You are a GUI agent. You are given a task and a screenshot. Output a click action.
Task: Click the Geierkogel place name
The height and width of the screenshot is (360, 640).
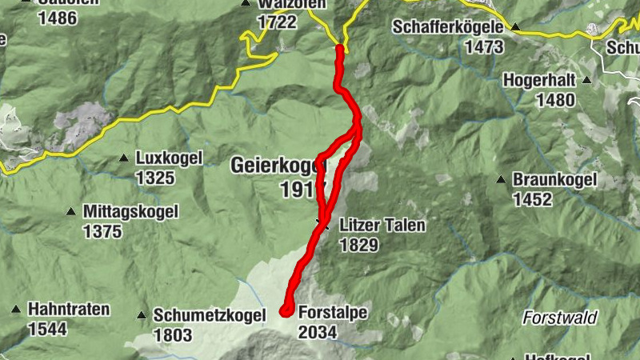tap(278, 166)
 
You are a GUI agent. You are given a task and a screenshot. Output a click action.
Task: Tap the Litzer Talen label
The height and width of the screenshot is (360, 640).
tap(382, 226)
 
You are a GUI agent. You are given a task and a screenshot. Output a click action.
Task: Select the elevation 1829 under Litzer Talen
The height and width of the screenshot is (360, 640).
tap(359, 246)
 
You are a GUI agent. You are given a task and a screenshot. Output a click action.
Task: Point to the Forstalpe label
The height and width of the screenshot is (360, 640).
tap(332, 313)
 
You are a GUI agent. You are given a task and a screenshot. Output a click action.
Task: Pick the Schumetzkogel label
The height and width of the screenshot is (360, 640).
tap(209, 316)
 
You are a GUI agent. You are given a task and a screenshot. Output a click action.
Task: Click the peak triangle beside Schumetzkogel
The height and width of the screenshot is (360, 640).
tap(142, 315)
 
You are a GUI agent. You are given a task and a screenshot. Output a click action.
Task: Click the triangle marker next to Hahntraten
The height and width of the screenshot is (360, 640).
tap(15, 309)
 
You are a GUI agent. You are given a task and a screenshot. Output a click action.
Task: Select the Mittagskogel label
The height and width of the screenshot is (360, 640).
tap(130, 212)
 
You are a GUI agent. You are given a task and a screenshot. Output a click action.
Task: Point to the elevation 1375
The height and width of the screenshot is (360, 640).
tap(102, 232)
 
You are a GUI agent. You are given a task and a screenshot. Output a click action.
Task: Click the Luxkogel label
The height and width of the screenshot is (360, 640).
tap(170, 158)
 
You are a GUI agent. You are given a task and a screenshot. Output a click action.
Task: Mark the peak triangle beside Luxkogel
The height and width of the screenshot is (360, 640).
tap(124, 158)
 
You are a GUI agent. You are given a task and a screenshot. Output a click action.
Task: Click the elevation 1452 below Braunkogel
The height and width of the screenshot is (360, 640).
tap(533, 199)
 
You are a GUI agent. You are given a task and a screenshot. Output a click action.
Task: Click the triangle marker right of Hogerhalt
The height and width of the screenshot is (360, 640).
tap(587, 80)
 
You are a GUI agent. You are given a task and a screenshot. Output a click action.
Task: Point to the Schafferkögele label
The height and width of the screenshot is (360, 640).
tap(448, 27)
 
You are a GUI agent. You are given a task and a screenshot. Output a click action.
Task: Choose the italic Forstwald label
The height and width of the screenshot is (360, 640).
tap(560, 318)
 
